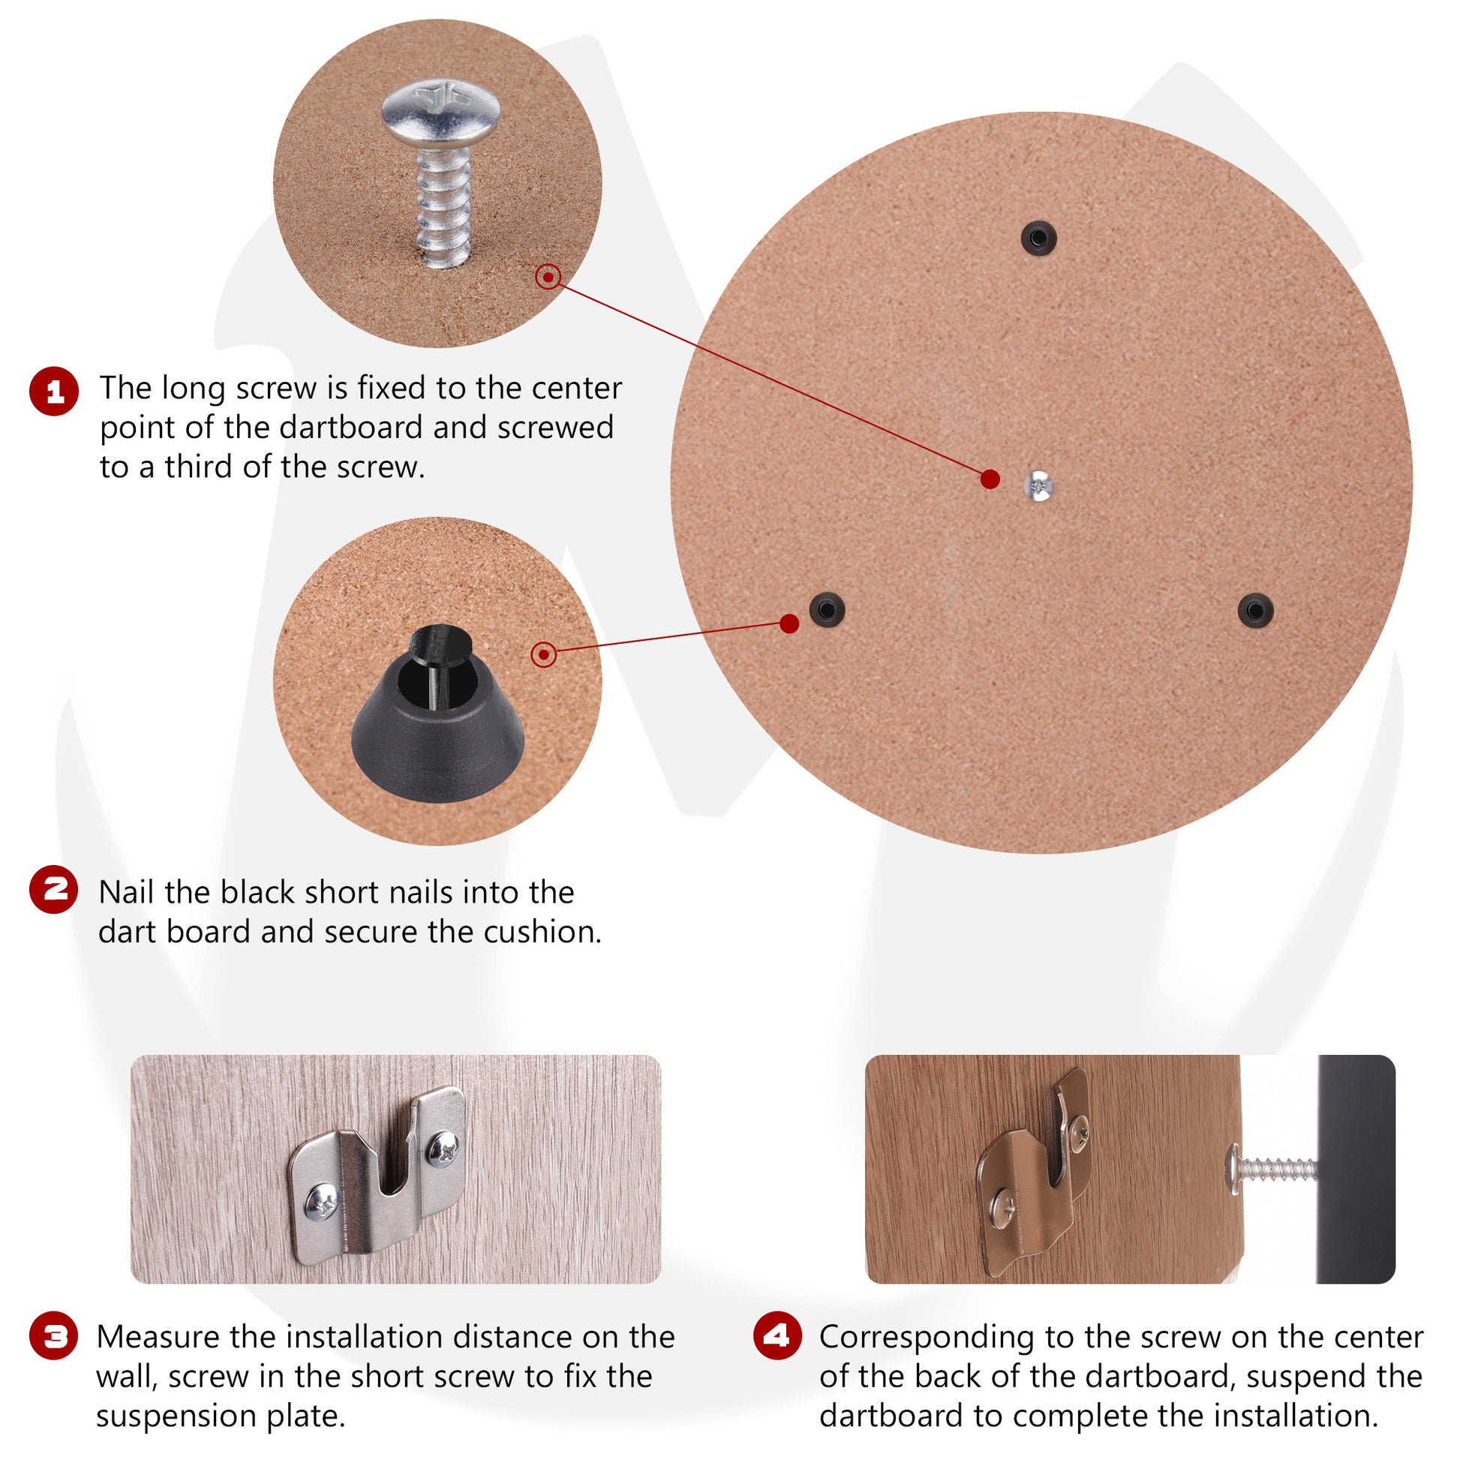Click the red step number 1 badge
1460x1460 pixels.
[x=54, y=392]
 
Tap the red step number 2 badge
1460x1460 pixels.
[x=54, y=889]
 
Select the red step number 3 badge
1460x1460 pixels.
[x=54, y=1337]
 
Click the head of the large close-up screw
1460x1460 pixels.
[x=440, y=113]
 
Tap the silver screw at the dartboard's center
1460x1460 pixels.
[x=1039, y=485]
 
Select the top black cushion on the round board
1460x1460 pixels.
[x=1038, y=238]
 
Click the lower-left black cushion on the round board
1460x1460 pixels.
[x=827, y=609]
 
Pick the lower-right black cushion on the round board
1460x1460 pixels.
[x=1255, y=609]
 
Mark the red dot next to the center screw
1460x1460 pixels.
[x=990, y=479]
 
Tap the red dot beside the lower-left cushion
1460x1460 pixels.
[x=789, y=623]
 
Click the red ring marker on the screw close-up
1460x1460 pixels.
[x=548, y=277]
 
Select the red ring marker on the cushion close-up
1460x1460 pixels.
[x=544, y=654]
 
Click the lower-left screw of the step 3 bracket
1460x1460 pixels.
[x=323, y=1203]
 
